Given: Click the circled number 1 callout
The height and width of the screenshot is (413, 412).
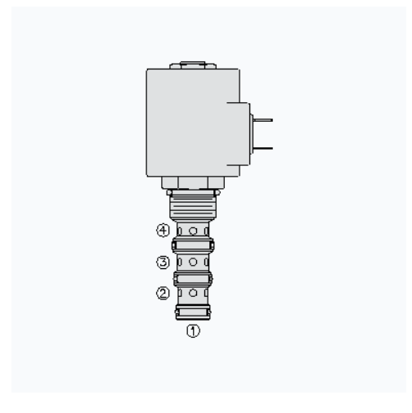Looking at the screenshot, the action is pyautogui.click(x=193, y=331).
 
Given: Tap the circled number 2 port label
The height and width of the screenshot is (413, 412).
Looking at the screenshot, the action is pyautogui.click(x=163, y=294).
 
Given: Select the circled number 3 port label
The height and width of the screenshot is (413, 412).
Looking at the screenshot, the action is pyautogui.click(x=163, y=263).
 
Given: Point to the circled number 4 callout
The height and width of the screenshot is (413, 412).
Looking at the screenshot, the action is pyautogui.click(x=163, y=231).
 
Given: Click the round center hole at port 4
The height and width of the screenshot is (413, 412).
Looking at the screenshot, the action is pyautogui.click(x=193, y=231).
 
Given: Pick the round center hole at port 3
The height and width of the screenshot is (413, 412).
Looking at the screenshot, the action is pyautogui.click(x=193, y=262).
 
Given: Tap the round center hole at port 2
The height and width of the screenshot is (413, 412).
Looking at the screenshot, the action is pyautogui.click(x=193, y=293).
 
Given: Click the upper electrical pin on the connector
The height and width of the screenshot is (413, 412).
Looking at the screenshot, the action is pyautogui.click(x=263, y=120).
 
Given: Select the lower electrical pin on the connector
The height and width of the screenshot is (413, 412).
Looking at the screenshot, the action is pyautogui.click(x=263, y=149).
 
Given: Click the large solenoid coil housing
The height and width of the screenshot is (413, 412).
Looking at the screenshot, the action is pyautogui.click(x=193, y=123).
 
